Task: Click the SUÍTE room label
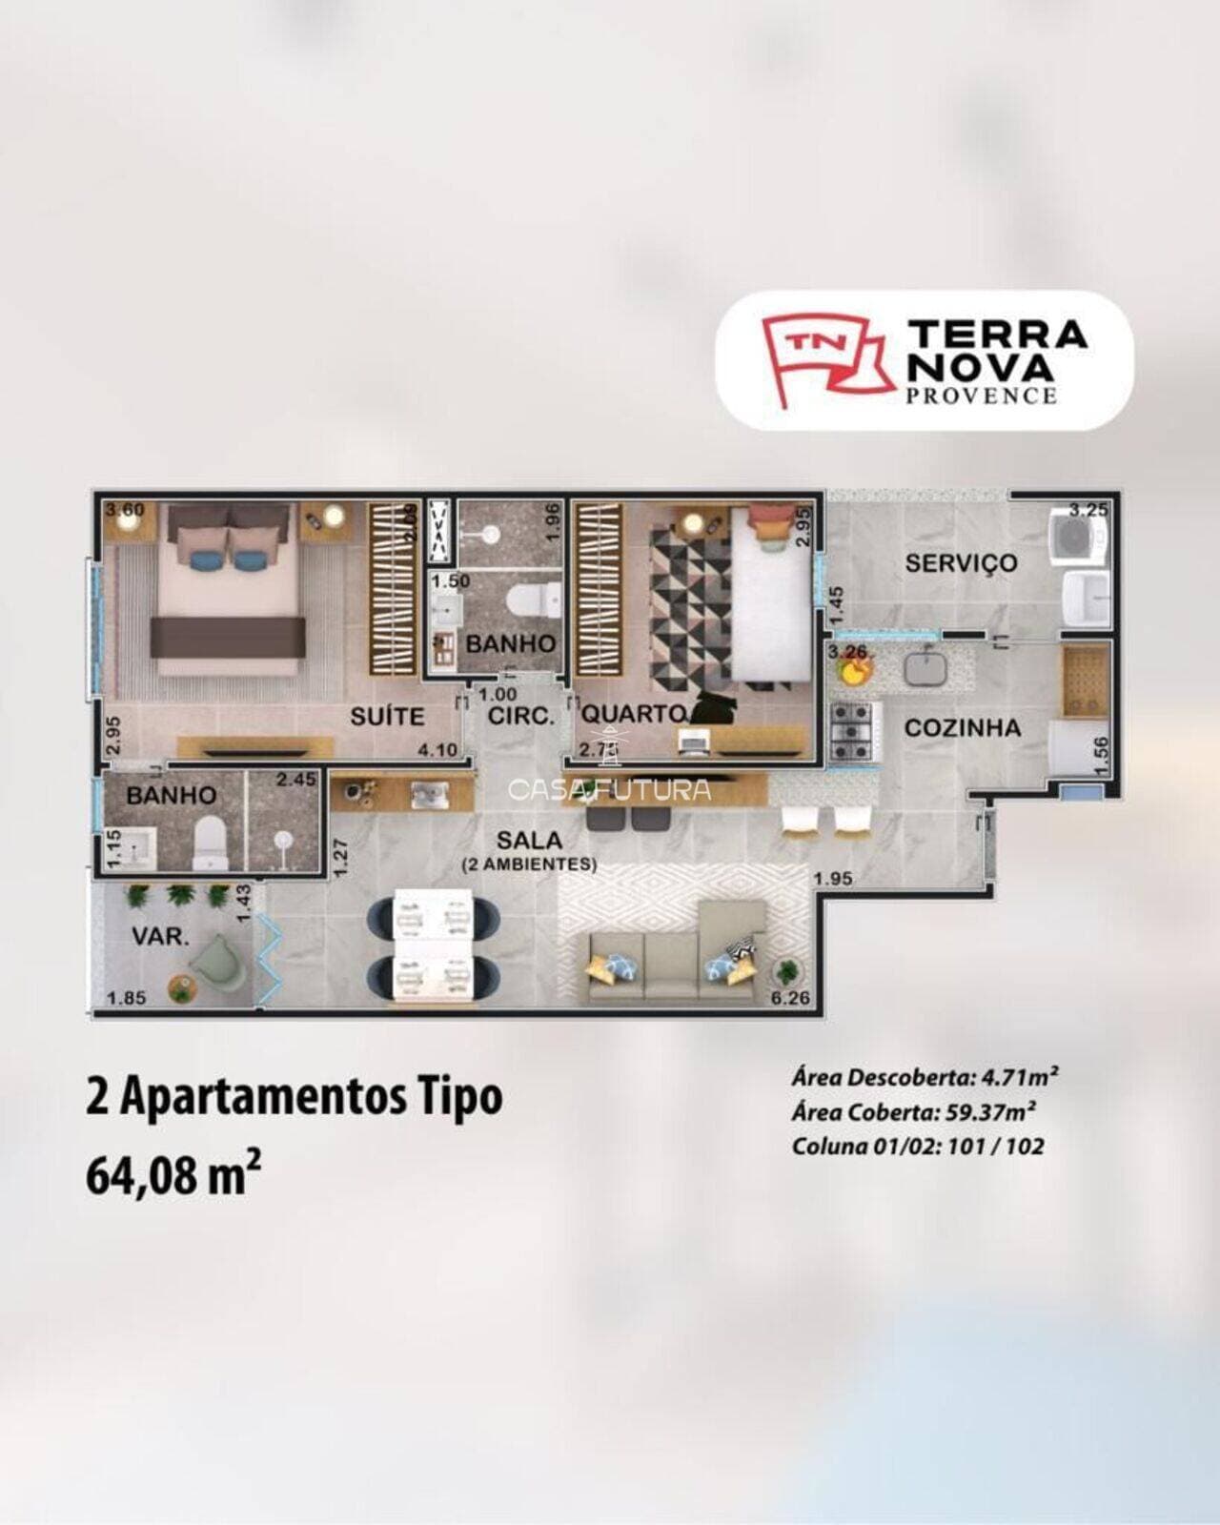(x=387, y=716)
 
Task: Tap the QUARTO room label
(x=633, y=713)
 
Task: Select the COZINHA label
(x=962, y=728)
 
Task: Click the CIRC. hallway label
(x=520, y=716)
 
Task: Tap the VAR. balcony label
(x=160, y=937)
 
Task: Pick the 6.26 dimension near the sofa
(x=788, y=999)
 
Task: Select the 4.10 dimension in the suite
(x=437, y=750)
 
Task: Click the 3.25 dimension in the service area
(x=1088, y=509)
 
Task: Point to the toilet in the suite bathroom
(x=210, y=845)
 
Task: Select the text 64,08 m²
(x=174, y=1175)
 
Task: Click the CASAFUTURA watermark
(x=610, y=788)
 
